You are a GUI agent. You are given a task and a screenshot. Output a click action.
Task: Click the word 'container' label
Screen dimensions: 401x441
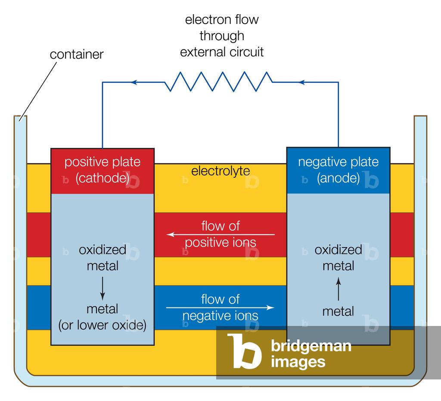[x=77, y=55]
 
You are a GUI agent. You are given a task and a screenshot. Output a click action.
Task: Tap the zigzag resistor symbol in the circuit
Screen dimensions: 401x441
[x=218, y=81]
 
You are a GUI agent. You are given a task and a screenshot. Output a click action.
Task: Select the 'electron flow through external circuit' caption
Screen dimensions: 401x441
[x=221, y=36]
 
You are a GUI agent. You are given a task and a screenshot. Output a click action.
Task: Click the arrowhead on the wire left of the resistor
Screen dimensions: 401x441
[x=134, y=82]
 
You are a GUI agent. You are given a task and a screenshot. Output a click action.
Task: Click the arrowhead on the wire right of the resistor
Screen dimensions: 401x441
[x=302, y=82]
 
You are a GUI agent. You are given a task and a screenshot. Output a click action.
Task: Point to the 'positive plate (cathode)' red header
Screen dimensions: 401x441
[x=102, y=171]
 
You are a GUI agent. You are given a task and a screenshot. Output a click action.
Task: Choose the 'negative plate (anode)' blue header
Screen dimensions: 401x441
[x=338, y=170]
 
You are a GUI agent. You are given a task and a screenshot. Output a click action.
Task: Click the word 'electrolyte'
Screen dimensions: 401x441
[x=220, y=171]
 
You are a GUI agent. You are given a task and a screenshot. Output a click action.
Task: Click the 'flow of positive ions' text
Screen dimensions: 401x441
[x=220, y=234]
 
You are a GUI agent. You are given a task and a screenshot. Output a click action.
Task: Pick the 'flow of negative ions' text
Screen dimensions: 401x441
[x=220, y=307]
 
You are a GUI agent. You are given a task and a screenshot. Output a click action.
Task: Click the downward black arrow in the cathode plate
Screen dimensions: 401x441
[x=102, y=288]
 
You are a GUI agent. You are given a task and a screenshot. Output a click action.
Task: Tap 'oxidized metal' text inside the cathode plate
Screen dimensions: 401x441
[x=102, y=258]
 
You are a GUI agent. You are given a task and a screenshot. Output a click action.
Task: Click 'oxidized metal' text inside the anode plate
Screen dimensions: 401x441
[x=338, y=258]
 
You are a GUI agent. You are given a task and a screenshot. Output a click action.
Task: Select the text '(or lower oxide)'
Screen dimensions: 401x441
[x=102, y=325]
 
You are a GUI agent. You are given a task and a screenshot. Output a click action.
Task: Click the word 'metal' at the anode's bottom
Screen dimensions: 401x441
[x=338, y=311]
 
